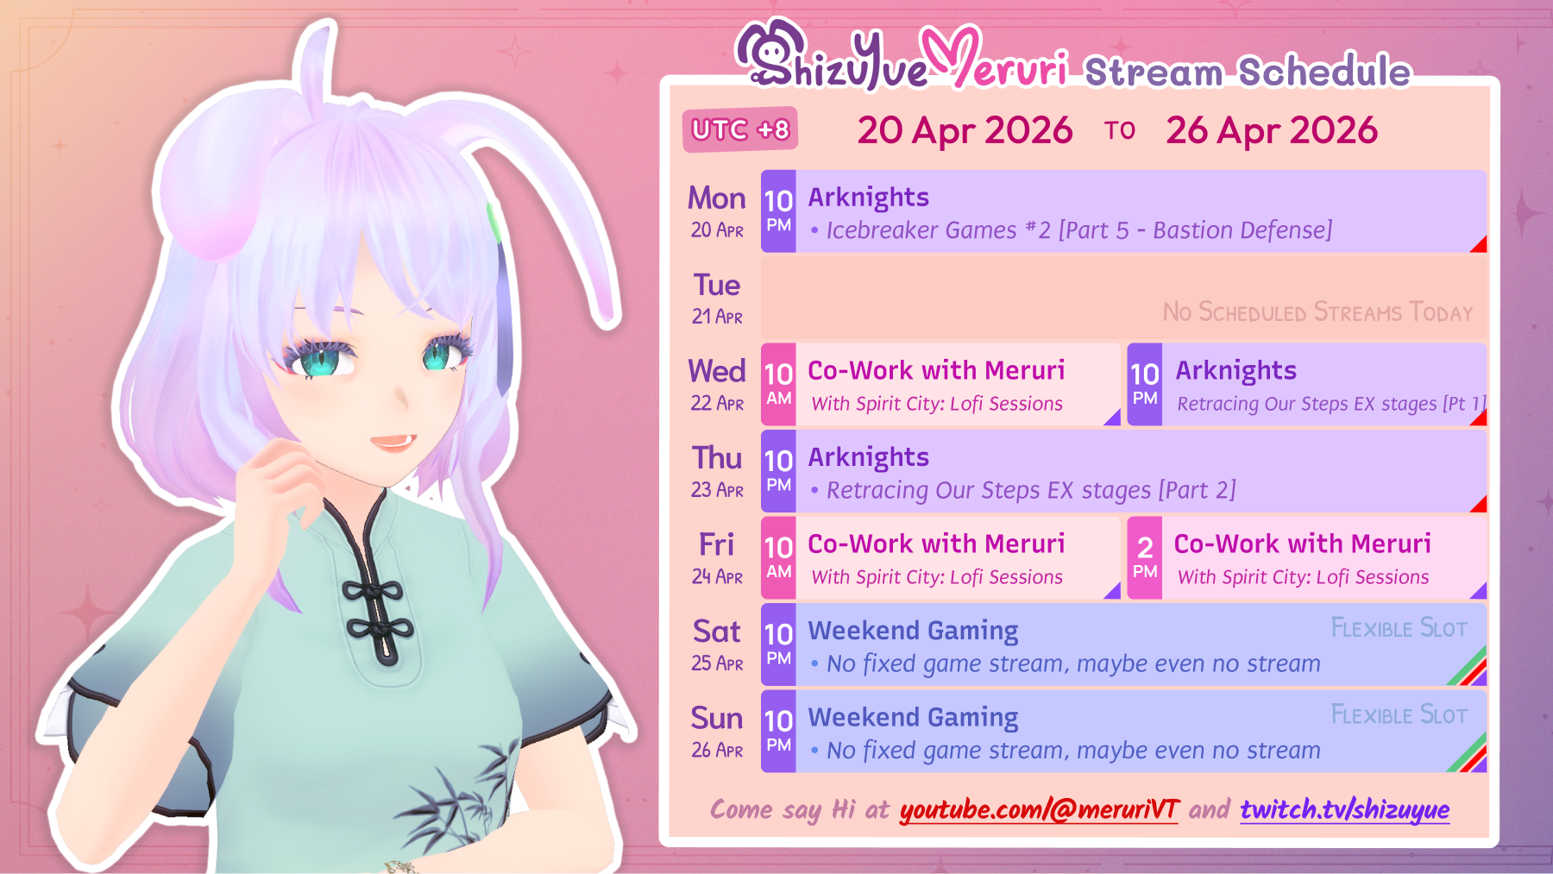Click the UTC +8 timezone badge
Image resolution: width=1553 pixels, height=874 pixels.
point(740,129)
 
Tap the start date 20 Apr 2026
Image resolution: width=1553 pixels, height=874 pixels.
point(965,130)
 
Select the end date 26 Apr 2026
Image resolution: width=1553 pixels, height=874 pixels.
point(1272,130)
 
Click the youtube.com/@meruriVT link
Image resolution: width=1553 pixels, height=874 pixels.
point(1039,809)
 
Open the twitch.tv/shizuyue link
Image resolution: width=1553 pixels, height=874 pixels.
point(1344,809)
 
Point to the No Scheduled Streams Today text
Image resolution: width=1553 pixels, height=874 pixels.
point(1317,311)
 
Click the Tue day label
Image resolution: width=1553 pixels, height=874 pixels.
point(717,286)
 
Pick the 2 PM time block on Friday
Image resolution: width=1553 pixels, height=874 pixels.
point(1145,557)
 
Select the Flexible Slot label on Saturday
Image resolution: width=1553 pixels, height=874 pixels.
point(1399,628)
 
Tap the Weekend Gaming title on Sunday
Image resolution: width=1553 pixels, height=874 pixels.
point(913,717)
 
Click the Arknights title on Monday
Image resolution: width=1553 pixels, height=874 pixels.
point(868,198)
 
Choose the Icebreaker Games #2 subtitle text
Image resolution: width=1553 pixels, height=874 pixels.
point(1078,230)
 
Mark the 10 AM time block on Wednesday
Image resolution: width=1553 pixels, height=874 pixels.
point(778,384)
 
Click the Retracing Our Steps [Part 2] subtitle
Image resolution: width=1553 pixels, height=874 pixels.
point(1031,490)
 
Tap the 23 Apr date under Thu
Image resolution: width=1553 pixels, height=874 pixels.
point(717,490)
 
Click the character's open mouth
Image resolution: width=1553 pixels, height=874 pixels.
point(393,441)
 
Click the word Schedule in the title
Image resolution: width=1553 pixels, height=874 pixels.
point(1324,72)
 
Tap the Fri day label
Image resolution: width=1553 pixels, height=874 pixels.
point(717,544)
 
